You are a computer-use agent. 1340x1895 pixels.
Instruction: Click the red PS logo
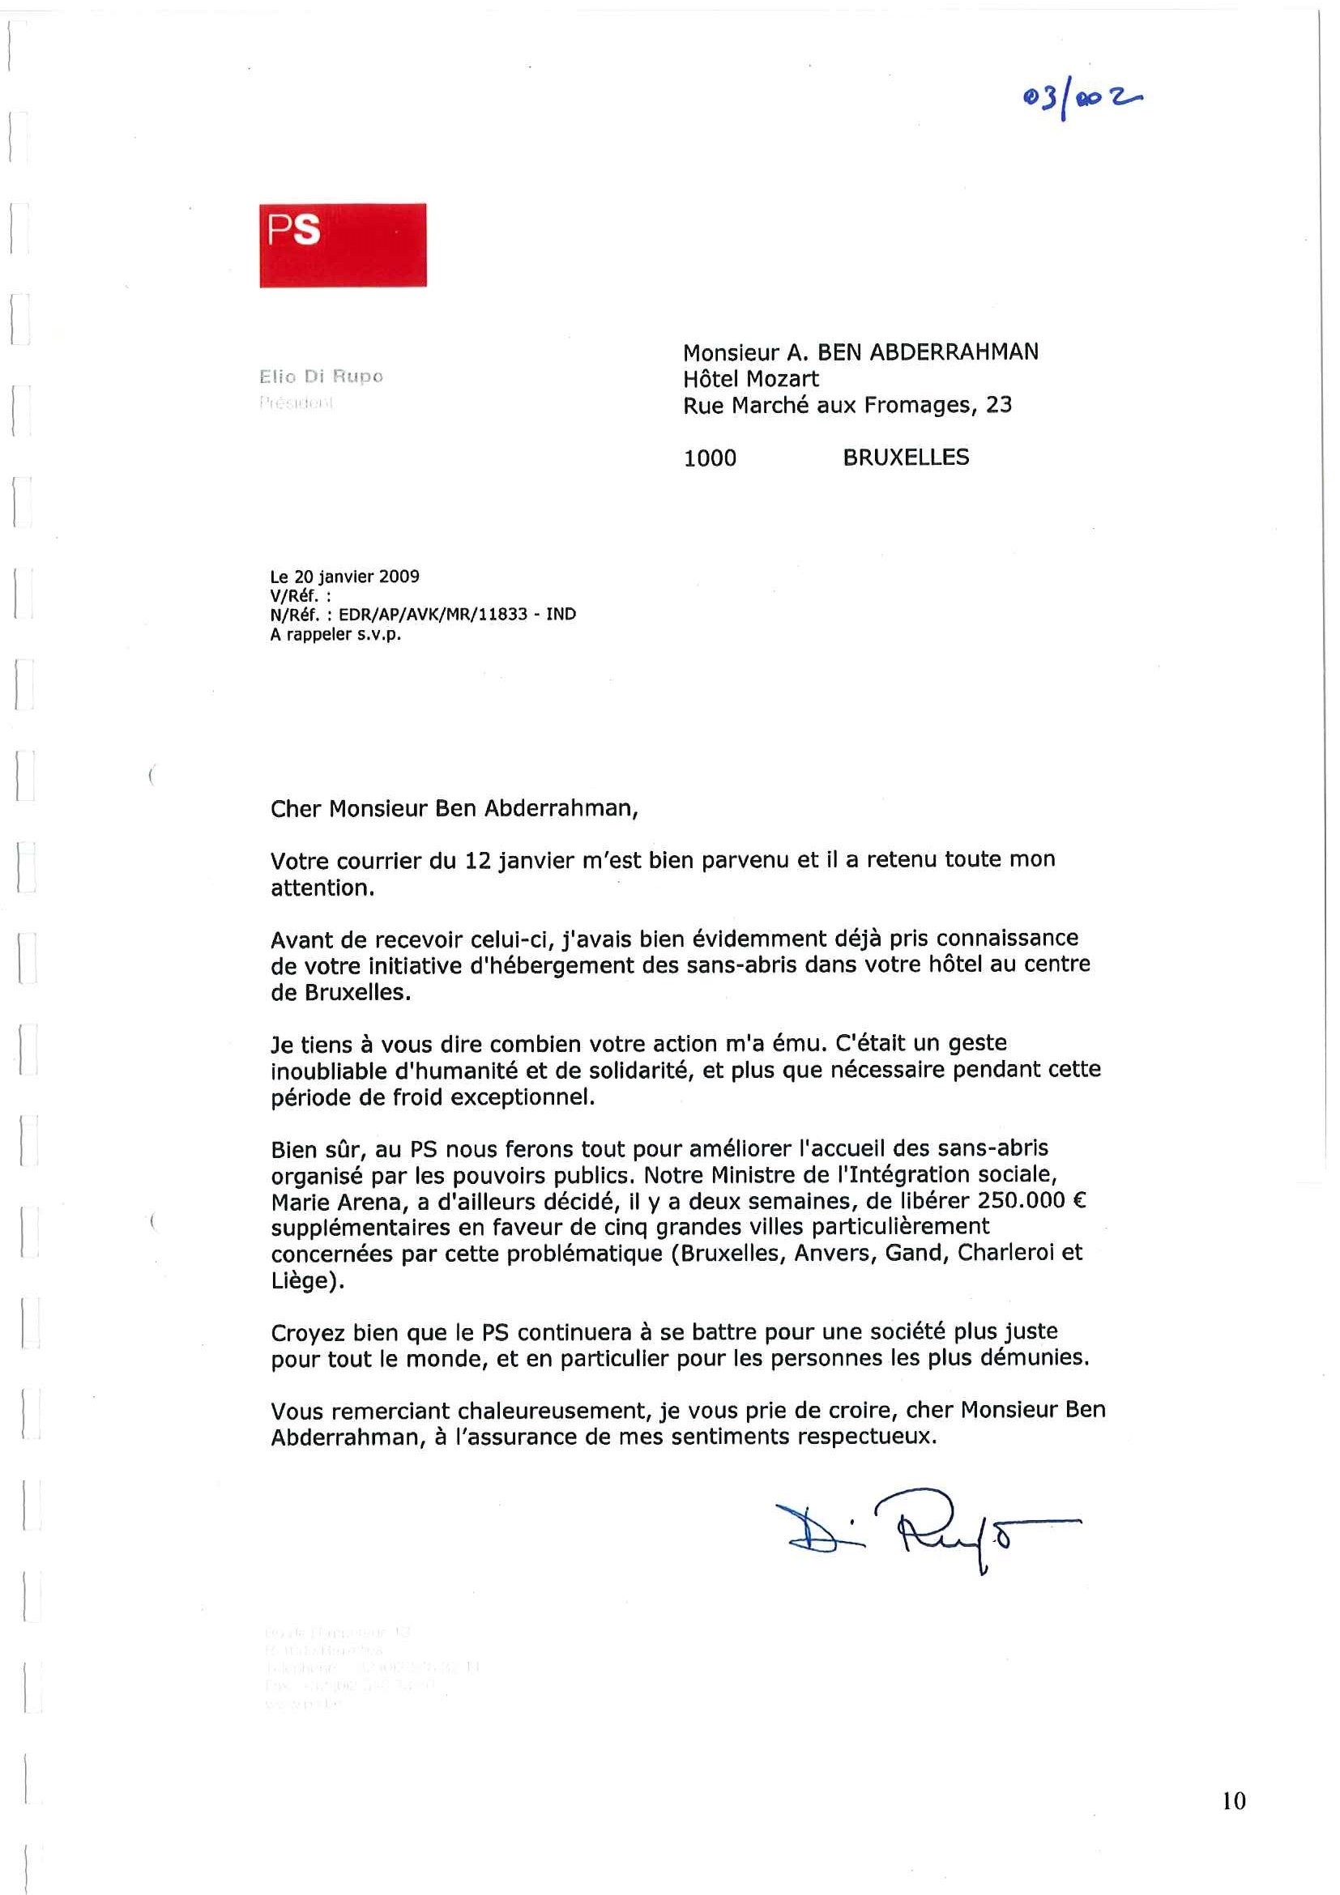343,245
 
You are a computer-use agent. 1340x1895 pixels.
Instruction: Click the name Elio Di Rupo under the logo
321,377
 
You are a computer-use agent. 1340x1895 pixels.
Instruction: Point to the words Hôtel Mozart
750,379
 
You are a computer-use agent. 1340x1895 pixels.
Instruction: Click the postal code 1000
709,458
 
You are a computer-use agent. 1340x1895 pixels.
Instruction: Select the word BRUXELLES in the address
906,458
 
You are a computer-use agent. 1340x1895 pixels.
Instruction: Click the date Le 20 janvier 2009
344,576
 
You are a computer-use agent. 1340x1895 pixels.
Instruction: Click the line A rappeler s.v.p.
335,635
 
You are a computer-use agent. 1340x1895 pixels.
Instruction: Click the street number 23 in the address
999,405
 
